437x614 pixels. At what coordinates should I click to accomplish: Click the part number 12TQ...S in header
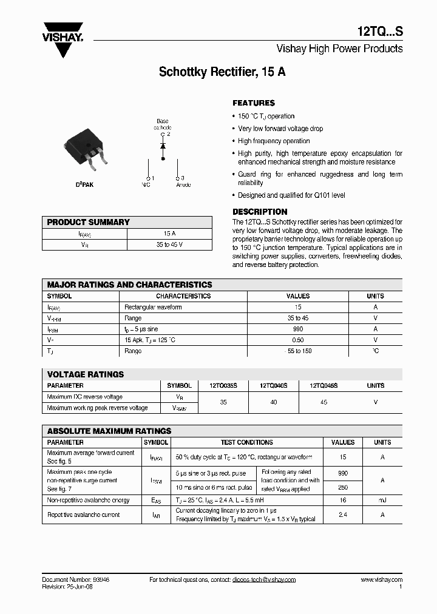(x=379, y=30)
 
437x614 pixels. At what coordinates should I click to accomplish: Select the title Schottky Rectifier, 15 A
(x=222, y=72)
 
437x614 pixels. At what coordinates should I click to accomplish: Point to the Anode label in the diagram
(x=183, y=184)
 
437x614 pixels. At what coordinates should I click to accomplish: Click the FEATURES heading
(x=254, y=103)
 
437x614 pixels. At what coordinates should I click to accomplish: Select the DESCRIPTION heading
(x=260, y=212)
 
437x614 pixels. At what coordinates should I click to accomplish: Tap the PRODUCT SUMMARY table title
(x=89, y=222)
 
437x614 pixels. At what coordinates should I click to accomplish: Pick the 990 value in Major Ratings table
(x=297, y=329)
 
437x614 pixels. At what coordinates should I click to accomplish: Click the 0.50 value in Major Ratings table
(x=297, y=340)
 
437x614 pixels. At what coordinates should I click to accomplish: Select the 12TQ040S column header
(x=274, y=385)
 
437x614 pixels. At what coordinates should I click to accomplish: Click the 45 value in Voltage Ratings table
(x=324, y=402)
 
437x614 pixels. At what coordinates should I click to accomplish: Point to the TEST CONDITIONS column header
(x=247, y=442)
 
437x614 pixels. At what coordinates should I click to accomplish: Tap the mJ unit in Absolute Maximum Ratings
(x=382, y=500)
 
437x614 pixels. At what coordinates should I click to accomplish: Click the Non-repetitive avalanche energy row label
(x=89, y=500)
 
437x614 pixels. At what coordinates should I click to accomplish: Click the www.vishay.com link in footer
(x=381, y=579)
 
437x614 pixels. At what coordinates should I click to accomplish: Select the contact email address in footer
(x=264, y=579)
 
